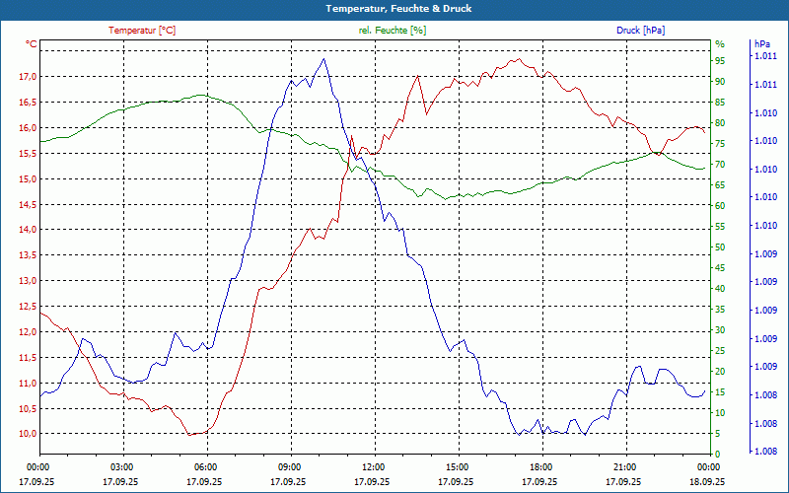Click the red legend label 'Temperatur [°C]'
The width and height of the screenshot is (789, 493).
142,31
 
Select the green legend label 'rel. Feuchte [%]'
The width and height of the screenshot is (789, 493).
393,31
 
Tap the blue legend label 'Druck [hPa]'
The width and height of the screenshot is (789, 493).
640,31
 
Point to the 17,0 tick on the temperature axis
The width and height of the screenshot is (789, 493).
27,77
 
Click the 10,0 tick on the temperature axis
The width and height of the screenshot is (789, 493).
27,434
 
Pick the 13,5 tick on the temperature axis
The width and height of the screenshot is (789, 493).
27,255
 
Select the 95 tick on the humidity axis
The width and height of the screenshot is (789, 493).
720,64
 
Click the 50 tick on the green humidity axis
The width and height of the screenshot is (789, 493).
720,247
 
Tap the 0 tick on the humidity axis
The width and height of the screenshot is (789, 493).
717,454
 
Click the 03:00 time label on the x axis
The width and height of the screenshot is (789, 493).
121,467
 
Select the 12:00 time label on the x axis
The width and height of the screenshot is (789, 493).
373,467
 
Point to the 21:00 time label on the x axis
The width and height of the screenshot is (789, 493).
624,467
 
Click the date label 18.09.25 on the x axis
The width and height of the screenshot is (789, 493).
707,482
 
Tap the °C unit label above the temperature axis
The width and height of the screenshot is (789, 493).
32,44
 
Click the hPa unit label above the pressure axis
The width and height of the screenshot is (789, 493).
761,44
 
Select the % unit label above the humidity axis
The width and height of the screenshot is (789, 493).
719,44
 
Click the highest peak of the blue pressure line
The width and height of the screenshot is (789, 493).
324,58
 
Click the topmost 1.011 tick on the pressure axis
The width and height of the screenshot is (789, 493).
765,57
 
